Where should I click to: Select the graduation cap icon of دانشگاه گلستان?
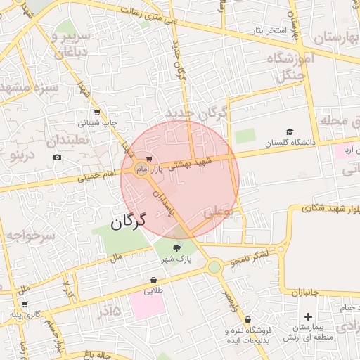click(290, 131)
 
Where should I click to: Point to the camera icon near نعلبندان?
click(57, 156)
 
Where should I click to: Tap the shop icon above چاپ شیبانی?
click(96, 112)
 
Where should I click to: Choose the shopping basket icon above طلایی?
click(153, 279)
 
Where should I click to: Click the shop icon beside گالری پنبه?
click(25, 305)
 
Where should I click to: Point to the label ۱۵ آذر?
click(105, 310)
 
